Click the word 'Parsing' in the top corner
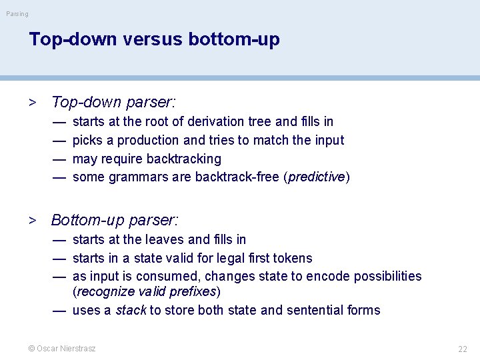[17, 14]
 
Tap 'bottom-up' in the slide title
[234, 39]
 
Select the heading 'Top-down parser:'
[113, 102]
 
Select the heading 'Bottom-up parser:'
[115, 220]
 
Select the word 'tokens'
[291, 258]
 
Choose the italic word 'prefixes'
[195, 292]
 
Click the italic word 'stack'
[131, 310]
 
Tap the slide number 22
[462, 349]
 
